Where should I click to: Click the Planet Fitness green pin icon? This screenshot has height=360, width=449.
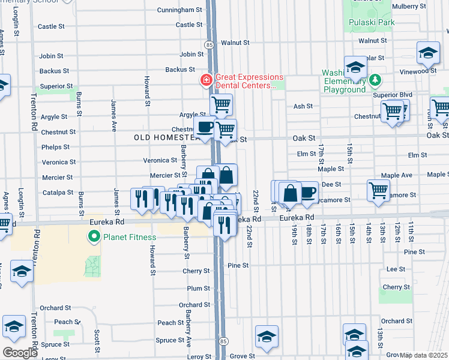[94, 238]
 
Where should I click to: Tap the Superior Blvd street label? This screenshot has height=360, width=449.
[393, 95]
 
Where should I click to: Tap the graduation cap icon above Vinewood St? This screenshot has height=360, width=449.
[429, 53]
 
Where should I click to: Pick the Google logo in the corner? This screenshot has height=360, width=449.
[20, 353]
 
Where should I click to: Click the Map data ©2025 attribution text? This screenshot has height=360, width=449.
[424, 355]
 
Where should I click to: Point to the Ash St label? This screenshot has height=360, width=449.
[303, 106]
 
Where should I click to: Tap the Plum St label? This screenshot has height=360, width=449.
[197, 288]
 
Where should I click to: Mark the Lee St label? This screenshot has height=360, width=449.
[396, 269]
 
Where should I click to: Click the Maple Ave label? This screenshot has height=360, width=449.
[399, 175]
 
